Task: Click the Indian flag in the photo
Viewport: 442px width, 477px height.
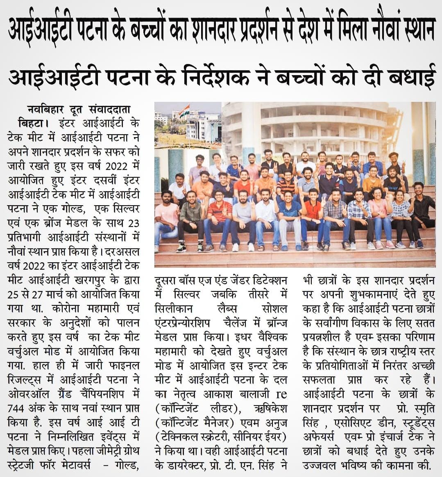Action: tap(185, 110)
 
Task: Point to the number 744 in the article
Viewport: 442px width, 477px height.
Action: tap(18, 408)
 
